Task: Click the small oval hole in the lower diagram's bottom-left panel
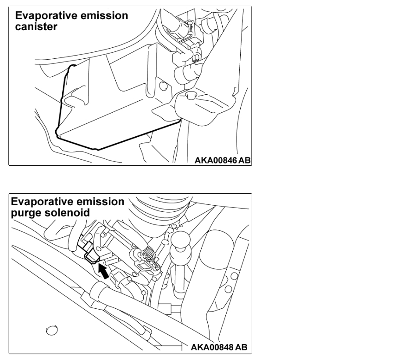point(52,329)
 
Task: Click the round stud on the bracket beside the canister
point(190,95)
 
